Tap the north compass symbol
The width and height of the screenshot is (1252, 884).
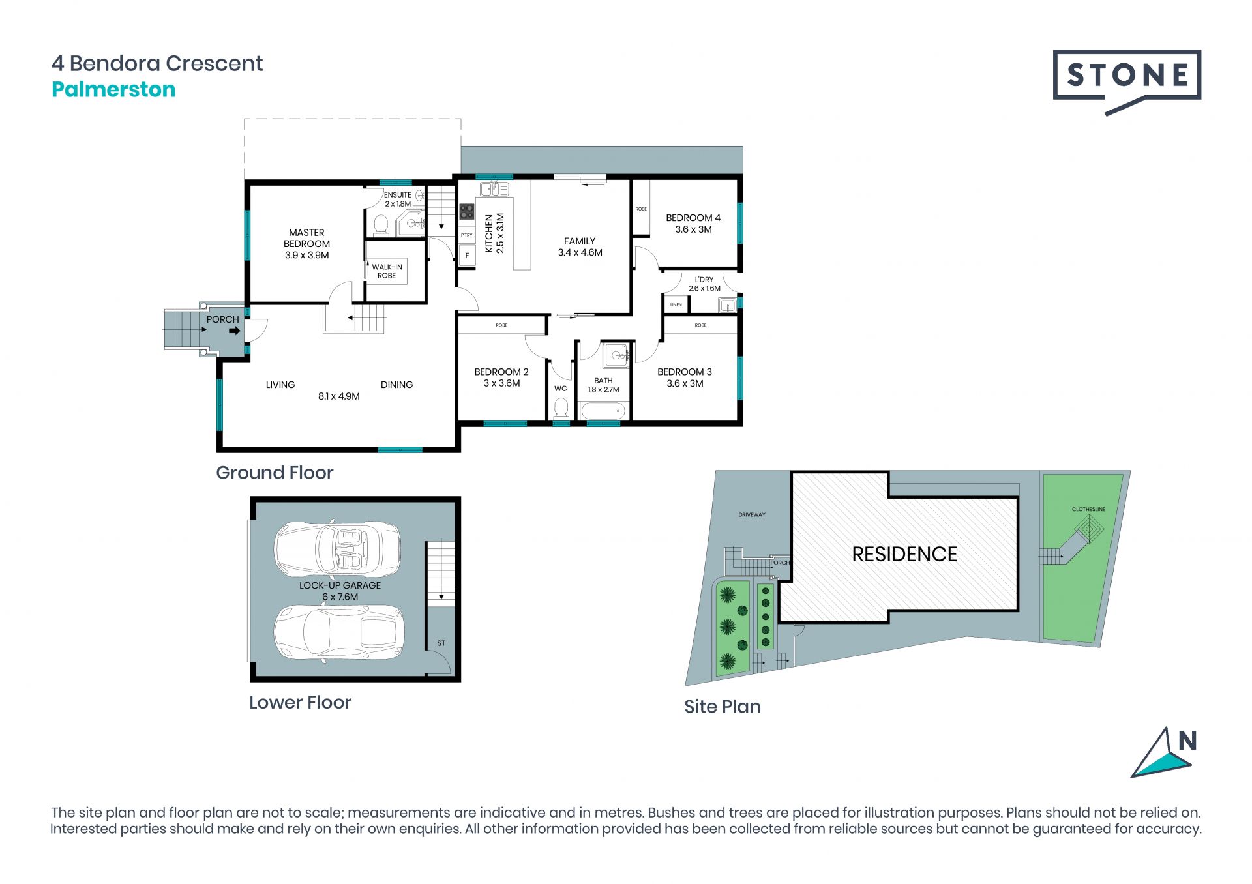(x=1164, y=754)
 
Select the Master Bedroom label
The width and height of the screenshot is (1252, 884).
(x=306, y=244)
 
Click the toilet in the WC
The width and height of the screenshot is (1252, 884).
(x=561, y=408)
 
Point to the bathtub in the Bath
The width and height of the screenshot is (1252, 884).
(x=603, y=411)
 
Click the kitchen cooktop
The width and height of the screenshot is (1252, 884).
(x=467, y=211)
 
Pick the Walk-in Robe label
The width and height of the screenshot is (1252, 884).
(x=387, y=271)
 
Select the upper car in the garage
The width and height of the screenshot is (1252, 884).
(x=337, y=549)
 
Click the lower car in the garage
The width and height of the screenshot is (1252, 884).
(x=339, y=632)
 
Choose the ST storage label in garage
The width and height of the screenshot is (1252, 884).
(x=441, y=643)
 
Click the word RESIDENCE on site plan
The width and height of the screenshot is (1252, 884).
(x=904, y=554)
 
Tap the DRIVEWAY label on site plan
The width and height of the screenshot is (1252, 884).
(x=752, y=515)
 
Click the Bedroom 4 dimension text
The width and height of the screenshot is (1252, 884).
(x=693, y=229)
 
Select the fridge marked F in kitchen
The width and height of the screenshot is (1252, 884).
(x=467, y=256)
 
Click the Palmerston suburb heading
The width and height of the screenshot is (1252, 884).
(x=113, y=89)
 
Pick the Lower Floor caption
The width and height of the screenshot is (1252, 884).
(x=300, y=702)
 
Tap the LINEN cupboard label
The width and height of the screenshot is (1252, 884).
(x=676, y=305)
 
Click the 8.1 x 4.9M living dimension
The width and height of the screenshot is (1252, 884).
(x=339, y=396)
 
